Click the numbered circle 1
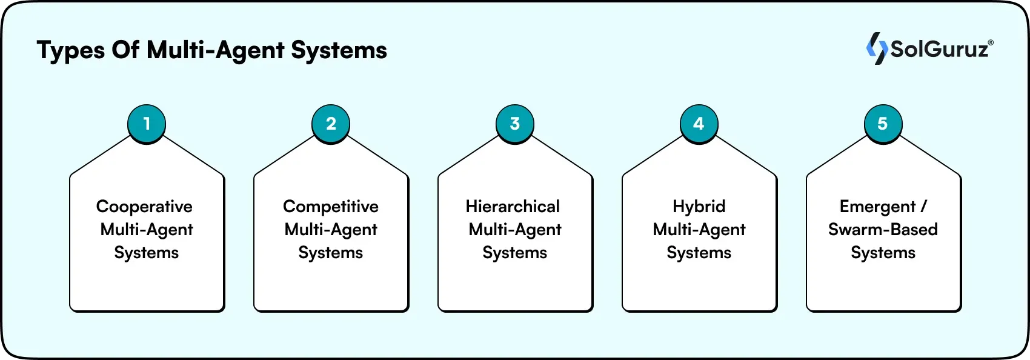147,124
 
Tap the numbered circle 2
331,124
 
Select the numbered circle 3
515,124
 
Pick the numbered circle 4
699,124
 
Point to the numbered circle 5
883,124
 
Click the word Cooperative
144,207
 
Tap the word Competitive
331,207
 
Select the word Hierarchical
513,207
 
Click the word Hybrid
699,207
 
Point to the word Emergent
877,207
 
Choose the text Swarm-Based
883,230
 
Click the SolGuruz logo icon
876,48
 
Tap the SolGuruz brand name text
940,49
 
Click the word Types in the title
71,50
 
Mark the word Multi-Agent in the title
216,50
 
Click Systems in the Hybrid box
699,253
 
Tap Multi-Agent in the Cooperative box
147,230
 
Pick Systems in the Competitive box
331,253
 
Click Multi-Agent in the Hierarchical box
515,230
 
